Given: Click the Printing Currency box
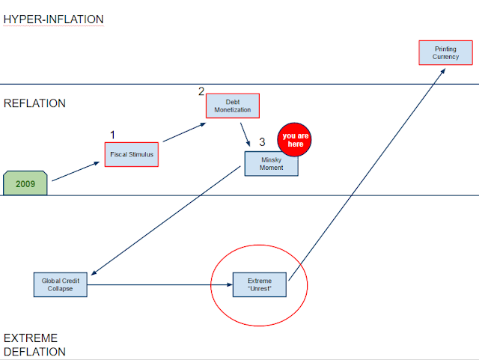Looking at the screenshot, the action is pyautogui.click(x=445, y=52).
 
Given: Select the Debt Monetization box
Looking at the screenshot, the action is pyautogui.click(x=233, y=106).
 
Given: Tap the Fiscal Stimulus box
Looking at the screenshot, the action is pyautogui.click(x=132, y=154).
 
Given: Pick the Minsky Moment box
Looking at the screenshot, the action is pyautogui.click(x=271, y=164).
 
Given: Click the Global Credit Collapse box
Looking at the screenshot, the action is pyautogui.click(x=60, y=284).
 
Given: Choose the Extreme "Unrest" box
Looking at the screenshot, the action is pyautogui.click(x=260, y=284).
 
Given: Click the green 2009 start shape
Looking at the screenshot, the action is pyautogui.click(x=25, y=183).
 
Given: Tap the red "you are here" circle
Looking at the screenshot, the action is pyautogui.click(x=294, y=140).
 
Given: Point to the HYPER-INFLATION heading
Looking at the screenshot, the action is pyautogui.click(x=53, y=19).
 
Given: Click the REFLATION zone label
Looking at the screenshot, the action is pyautogui.click(x=34, y=103).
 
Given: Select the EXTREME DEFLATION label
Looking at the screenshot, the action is pyautogui.click(x=34, y=345).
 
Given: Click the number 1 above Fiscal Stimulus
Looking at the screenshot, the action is pyautogui.click(x=112, y=135).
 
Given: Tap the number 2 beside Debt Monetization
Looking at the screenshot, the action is pyautogui.click(x=201, y=91).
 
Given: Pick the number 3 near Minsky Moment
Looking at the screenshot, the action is pyautogui.click(x=262, y=141).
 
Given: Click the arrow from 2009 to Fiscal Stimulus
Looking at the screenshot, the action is pyautogui.click(x=76, y=171).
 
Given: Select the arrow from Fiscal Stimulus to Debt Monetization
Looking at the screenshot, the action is pyautogui.click(x=184, y=132).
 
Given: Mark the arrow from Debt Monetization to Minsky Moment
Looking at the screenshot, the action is pyautogui.click(x=245, y=135).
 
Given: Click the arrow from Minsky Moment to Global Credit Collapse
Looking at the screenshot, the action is pyautogui.click(x=166, y=221).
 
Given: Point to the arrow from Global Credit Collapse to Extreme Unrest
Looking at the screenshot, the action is pyautogui.click(x=160, y=285).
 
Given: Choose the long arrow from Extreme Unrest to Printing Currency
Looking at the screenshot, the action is pyautogui.click(x=367, y=174).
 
